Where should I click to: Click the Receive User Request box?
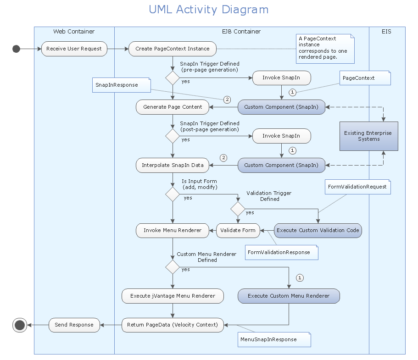coord(74,49)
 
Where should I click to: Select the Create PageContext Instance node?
coord(173,49)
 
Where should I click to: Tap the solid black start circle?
coord(17,49)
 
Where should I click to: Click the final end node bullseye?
coord(19,325)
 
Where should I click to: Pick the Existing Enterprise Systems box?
coord(368,136)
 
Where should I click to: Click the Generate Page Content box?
coord(173,107)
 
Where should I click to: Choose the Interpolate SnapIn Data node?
coord(173,165)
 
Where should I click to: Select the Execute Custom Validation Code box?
coord(318,230)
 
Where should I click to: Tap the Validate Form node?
coord(238,230)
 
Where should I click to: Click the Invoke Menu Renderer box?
coord(173,230)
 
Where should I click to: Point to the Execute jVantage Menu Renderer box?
coord(173,296)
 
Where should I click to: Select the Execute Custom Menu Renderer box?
coord(289,296)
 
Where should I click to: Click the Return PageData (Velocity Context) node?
coord(173,325)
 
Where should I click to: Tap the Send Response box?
coord(74,325)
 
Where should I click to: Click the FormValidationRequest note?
coord(357,187)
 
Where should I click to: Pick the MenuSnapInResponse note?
coord(274,339)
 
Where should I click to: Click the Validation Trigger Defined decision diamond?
coord(238,209)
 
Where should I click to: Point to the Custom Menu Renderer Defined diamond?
coord(173,266)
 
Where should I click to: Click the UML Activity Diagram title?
coord(209,10)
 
